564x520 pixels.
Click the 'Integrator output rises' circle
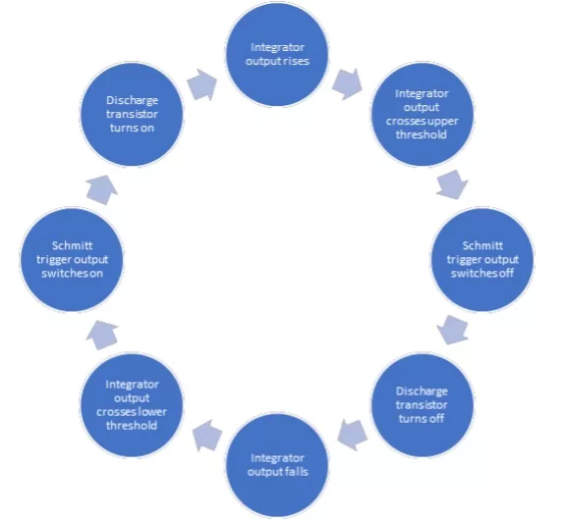click(x=277, y=54)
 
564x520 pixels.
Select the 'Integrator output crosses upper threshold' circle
click(x=422, y=114)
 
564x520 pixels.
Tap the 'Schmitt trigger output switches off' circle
click(x=482, y=259)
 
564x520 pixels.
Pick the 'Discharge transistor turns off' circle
click(x=422, y=405)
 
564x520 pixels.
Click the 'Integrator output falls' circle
click(x=277, y=465)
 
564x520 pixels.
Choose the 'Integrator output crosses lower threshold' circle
click(x=132, y=405)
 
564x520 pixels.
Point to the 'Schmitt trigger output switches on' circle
click(x=72, y=259)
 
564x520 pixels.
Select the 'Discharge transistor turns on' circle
click(x=132, y=114)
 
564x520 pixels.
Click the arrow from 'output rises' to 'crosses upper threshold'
click(x=347, y=84)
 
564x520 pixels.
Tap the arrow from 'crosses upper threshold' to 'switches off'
click(x=452, y=184)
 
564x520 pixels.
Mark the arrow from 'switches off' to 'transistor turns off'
click(x=453, y=330)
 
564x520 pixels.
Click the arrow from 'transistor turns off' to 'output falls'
click(x=353, y=435)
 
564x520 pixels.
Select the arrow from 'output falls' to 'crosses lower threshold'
click(x=206, y=435)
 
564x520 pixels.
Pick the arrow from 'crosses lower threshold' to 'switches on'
click(x=102, y=335)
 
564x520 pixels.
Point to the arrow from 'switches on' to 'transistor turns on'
click(x=102, y=189)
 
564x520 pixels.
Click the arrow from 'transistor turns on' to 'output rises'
click(x=202, y=84)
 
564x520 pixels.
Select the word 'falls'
click(x=298, y=472)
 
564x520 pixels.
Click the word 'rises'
click(x=298, y=61)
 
